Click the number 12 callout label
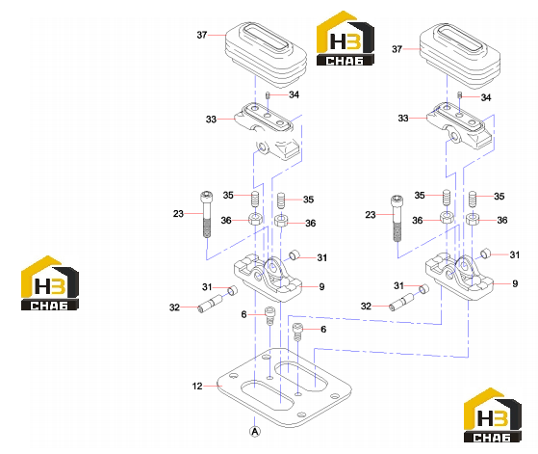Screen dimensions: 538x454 [197, 386]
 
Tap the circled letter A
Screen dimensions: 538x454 [255, 431]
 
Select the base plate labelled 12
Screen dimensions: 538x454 [284, 387]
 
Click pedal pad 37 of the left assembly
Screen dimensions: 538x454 [266, 55]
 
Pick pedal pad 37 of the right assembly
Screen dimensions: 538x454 [460, 56]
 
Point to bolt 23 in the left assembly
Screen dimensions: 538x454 [206, 214]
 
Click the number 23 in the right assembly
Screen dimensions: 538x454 [371, 215]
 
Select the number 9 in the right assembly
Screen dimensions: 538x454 [515, 283]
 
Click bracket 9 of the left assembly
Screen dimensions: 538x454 [268, 278]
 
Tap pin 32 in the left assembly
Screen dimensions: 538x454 [210, 304]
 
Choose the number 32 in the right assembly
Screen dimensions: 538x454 [366, 306]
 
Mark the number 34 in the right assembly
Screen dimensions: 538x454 [486, 97]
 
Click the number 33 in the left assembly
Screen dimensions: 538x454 [211, 120]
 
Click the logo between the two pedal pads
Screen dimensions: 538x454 [346, 38]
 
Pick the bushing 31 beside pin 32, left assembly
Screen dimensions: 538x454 [233, 290]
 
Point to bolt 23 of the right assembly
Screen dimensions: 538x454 [397, 218]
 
